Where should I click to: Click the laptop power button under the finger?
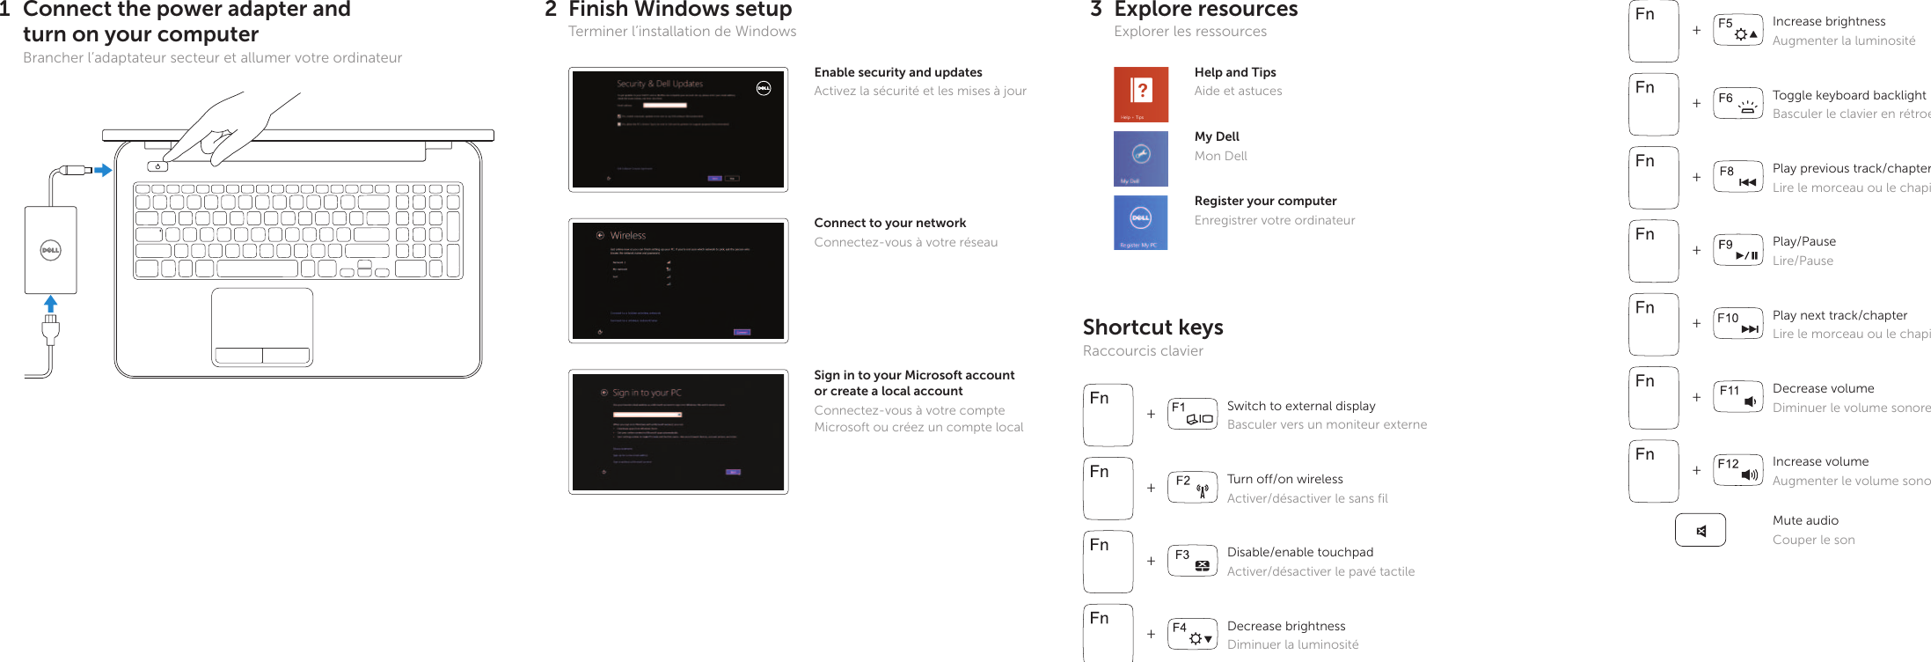click(x=157, y=166)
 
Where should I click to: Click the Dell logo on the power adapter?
click(x=50, y=250)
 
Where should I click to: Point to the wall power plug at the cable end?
click(x=50, y=329)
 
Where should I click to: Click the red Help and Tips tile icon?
click(x=1141, y=94)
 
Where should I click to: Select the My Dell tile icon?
click(x=1141, y=158)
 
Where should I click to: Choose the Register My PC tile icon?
click(x=1141, y=222)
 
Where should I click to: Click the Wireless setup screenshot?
click(x=677, y=281)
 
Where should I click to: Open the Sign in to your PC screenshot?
click(x=677, y=431)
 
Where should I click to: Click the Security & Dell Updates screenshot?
click(x=677, y=129)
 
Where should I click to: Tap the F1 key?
click(x=1192, y=414)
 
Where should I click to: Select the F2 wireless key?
click(x=1192, y=487)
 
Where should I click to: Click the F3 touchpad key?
click(x=1192, y=561)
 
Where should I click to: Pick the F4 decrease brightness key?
click(x=1192, y=634)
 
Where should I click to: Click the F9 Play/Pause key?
click(x=1737, y=250)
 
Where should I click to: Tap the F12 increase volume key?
click(x=1737, y=470)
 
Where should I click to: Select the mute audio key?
click(x=1701, y=530)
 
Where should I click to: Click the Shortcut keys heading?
click(x=1152, y=327)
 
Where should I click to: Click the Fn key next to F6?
click(x=1653, y=104)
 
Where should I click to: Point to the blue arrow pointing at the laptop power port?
click(x=103, y=170)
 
